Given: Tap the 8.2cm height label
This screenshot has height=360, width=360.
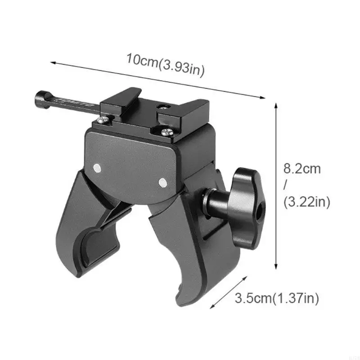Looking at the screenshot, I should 302,169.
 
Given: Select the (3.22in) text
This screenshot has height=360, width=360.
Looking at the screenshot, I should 307,202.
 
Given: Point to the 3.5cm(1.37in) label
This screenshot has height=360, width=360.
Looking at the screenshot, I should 277,298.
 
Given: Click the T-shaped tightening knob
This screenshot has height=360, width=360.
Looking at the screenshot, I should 247,198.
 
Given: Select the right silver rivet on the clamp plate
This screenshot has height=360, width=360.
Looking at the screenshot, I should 162,182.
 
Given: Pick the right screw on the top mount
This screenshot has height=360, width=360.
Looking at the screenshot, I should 166,132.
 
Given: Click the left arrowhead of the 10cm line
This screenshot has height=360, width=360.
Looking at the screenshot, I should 51,63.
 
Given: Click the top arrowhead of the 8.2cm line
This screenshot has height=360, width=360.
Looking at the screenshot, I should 275,104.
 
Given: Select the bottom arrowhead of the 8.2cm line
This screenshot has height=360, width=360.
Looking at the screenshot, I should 275,268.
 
